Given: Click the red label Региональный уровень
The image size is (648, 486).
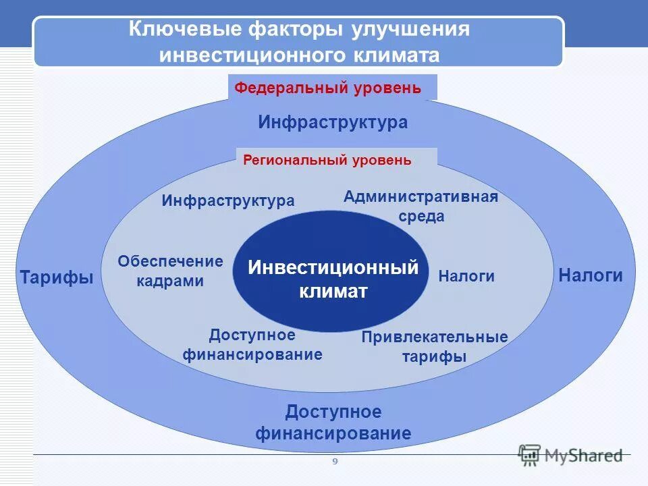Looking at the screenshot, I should click(327, 160).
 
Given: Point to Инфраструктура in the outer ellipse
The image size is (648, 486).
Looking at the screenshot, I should click(333, 122).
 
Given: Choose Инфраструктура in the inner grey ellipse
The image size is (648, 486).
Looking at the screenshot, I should click(228, 200).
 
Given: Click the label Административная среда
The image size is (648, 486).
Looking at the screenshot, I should click(421, 206).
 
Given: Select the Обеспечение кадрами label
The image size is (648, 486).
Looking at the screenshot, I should click(170, 271).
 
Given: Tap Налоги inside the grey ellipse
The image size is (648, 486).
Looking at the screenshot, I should click(466, 276).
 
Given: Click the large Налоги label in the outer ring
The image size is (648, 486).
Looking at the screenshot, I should click(591, 275).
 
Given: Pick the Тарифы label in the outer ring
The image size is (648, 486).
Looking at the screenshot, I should click(57, 277).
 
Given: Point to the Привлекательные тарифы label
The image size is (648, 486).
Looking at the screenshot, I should click(434, 346).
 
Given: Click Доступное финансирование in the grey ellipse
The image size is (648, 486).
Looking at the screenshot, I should click(252, 344).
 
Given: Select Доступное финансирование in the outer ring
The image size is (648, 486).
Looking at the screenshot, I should click(333, 423).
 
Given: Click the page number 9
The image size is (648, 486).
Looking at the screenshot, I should click(334, 462).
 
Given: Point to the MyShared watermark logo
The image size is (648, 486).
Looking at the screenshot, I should click(570, 456).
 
